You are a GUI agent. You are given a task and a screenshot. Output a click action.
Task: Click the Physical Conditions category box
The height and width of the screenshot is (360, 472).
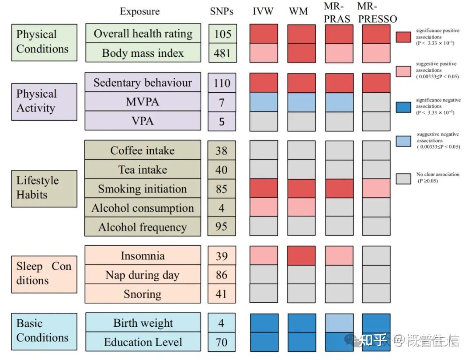(x=44, y=42)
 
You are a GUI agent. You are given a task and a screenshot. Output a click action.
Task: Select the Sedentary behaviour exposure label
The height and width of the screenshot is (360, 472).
(x=143, y=83)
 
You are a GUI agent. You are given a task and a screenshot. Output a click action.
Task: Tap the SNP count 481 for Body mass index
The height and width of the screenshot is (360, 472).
(x=222, y=53)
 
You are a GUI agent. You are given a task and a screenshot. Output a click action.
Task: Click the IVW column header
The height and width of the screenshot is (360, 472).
(x=264, y=12)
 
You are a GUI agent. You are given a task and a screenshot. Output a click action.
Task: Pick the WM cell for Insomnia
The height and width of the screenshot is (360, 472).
(x=301, y=255)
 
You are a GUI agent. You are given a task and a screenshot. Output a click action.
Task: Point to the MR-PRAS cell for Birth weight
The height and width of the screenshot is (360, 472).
(x=339, y=323)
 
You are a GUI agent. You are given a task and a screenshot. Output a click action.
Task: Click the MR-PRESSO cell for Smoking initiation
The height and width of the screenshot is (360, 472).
(x=376, y=189)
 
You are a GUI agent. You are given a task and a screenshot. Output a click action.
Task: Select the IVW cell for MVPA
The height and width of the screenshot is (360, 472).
(x=264, y=102)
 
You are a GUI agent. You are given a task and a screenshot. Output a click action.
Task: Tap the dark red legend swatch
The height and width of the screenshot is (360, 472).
(x=403, y=37)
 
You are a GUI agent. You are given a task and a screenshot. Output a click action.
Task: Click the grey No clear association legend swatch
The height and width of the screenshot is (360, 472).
(x=403, y=178)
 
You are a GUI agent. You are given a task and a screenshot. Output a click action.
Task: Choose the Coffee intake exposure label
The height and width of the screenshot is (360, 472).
(x=143, y=150)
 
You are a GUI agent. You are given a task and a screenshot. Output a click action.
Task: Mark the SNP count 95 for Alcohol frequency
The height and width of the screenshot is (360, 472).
(x=222, y=227)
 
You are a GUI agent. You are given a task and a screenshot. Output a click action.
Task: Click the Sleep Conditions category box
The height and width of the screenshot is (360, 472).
(x=44, y=274)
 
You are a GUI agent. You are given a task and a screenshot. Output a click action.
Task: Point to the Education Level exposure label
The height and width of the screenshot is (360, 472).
(x=143, y=342)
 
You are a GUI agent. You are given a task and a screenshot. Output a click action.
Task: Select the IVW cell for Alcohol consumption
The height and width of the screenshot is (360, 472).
(x=264, y=207)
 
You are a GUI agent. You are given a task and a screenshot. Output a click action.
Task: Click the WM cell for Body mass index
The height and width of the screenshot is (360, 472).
(x=301, y=53)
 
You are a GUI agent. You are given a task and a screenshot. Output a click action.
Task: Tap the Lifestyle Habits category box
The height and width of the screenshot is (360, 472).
(x=44, y=188)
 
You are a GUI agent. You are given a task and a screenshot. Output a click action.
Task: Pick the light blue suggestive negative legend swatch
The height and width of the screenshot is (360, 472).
(x=403, y=140)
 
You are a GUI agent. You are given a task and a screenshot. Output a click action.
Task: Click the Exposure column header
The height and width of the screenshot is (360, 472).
(x=140, y=12)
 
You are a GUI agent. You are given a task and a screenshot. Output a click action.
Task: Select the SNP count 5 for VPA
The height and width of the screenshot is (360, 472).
(x=222, y=121)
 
